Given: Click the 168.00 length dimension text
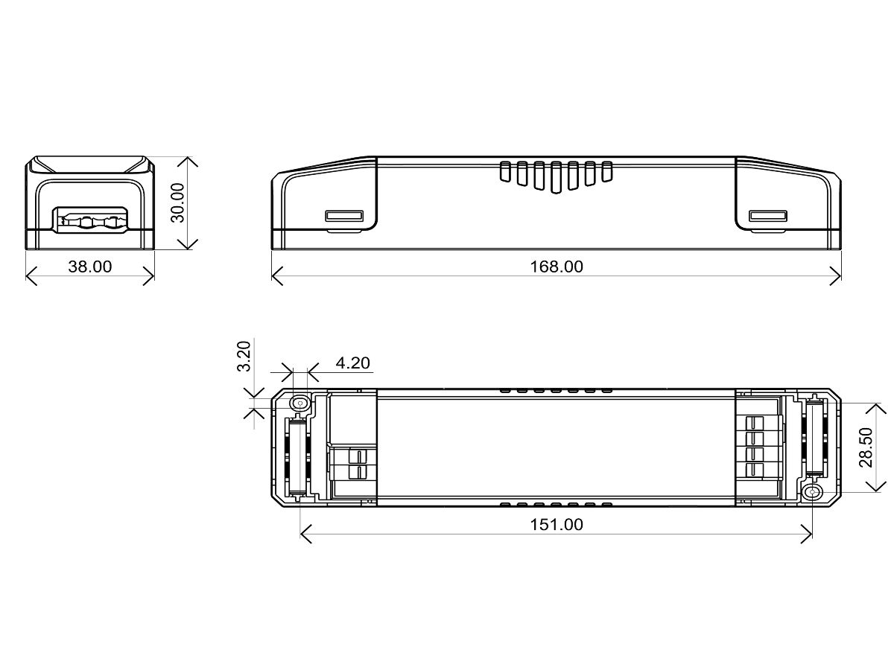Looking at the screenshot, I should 556,267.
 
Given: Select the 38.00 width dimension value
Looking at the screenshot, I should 89,267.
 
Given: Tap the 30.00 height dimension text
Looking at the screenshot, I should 177,202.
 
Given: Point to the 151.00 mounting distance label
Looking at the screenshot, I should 556,525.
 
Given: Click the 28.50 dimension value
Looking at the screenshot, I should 866,447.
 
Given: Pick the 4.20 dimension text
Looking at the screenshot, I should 353,363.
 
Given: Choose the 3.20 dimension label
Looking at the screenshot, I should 243,357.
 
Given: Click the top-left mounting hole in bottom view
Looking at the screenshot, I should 300,403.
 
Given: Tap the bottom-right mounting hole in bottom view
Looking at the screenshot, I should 812,492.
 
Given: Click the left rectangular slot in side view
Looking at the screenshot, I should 343,216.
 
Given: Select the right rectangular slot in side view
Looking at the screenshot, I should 768,216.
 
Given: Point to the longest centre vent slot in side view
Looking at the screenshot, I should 556,177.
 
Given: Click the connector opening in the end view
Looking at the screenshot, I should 89,221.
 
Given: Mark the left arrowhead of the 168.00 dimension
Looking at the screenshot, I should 273,275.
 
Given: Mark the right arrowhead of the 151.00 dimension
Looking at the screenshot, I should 809,534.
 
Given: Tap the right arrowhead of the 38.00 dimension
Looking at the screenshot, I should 151,276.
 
